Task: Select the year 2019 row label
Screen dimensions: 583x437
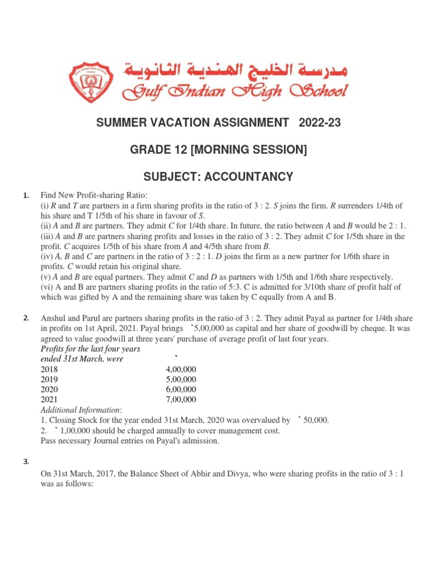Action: point(49,379)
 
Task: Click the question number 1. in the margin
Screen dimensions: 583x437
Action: point(26,196)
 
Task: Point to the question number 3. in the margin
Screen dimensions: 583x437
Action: point(26,462)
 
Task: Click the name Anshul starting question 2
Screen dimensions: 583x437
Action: point(53,318)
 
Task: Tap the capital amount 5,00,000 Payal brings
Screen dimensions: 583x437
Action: point(217,328)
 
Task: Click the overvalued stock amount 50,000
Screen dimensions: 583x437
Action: point(316,420)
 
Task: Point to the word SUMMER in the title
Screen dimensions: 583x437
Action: point(123,122)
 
